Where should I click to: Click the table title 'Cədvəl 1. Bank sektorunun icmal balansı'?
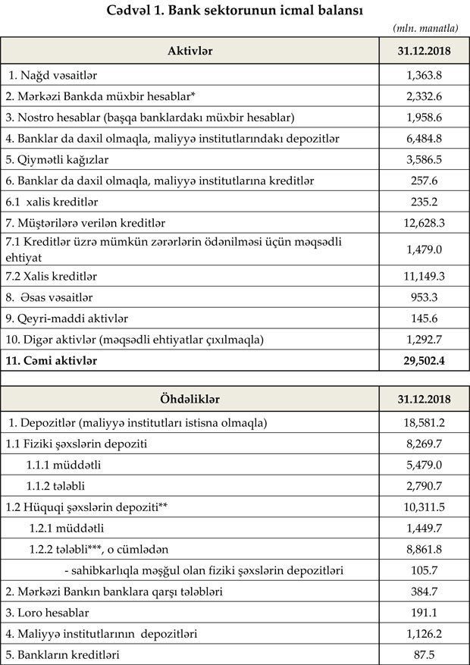236,10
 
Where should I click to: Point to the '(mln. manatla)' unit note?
425,28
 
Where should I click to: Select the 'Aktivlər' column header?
189,51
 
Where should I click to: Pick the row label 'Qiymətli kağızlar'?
60,160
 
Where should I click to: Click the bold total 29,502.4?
424,362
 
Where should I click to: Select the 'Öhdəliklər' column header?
189,398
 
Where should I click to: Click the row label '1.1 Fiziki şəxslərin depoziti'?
75,442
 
